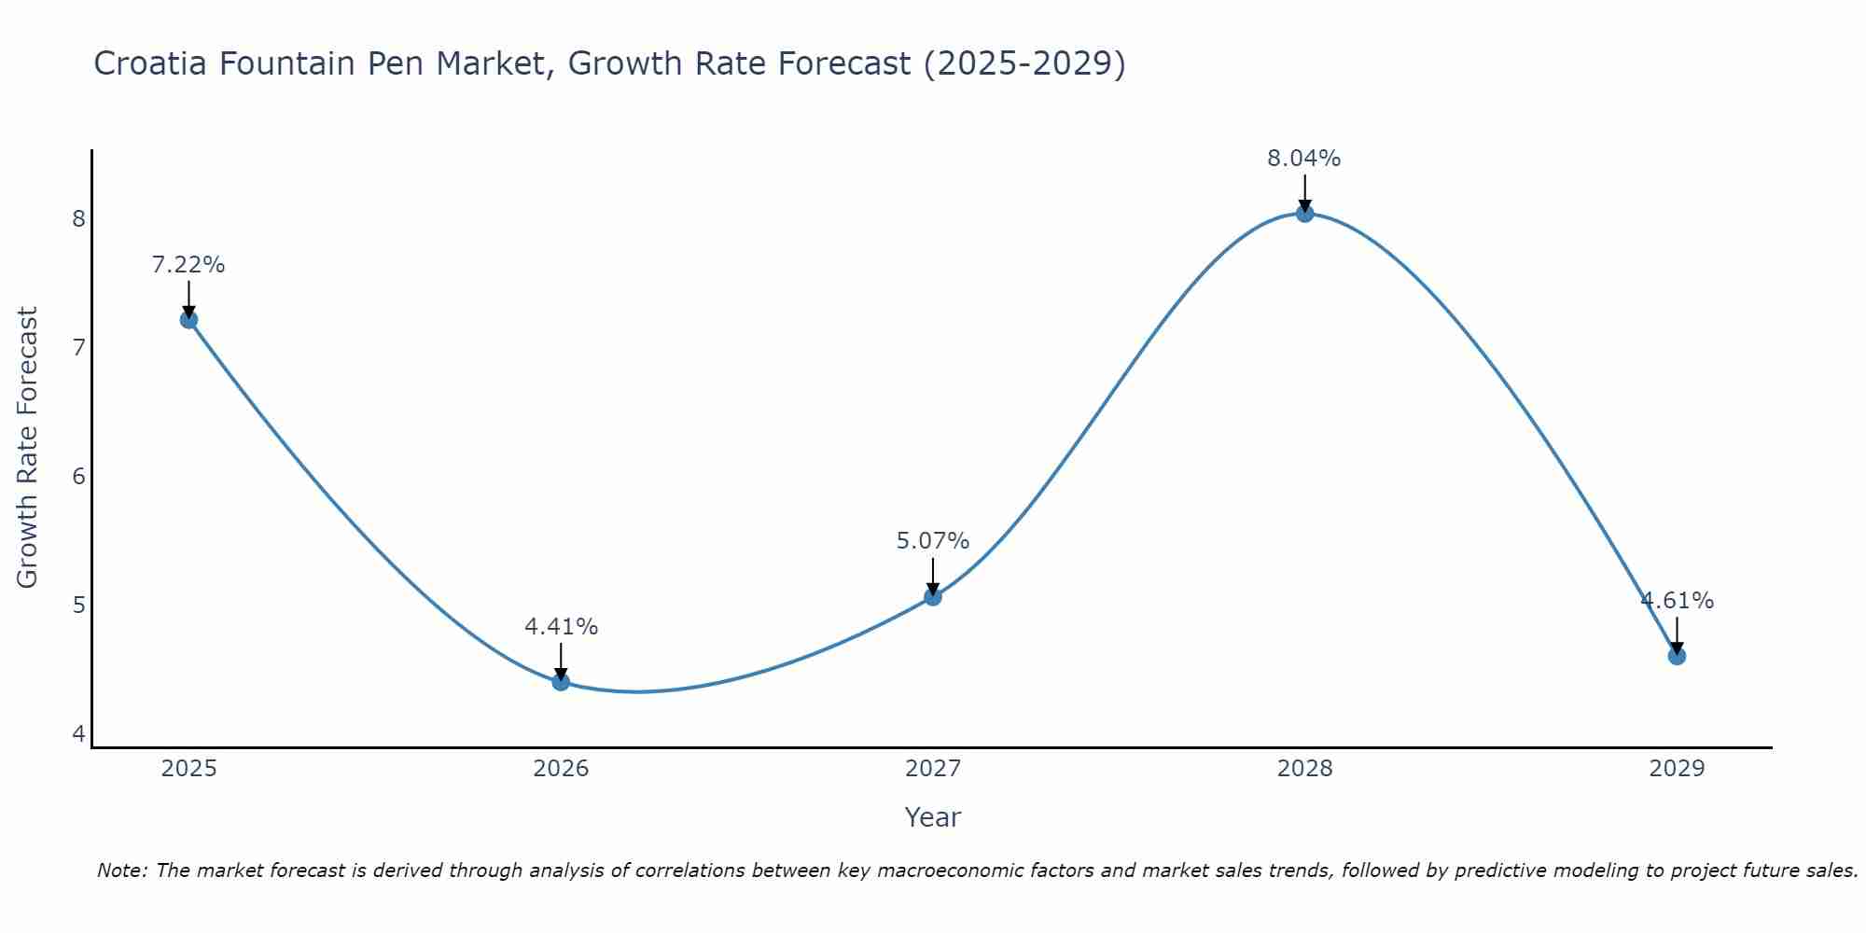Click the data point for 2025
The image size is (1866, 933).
tap(188, 320)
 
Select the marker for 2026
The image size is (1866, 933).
tap(561, 682)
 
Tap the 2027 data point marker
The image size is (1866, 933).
tap(933, 597)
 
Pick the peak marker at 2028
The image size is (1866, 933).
tap(1304, 214)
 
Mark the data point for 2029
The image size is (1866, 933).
tap(1677, 656)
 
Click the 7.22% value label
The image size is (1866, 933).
tap(188, 265)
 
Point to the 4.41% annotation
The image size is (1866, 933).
tap(561, 627)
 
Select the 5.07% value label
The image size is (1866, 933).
tap(933, 541)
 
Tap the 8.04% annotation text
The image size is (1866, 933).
tap(1304, 159)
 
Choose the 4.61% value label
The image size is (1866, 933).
tap(1677, 601)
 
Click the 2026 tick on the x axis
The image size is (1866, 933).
tap(561, 769)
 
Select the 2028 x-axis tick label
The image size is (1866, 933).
tap(1304, 769)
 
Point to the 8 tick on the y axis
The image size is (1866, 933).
tap(78, 219)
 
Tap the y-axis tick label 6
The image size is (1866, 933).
tap(78, 477)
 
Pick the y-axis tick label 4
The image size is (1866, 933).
tap(78, 734)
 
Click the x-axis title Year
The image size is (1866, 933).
tap(933, 817)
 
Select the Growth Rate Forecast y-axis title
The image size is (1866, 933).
tap(28, 448)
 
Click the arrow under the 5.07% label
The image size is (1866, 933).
tap(933, 576)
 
